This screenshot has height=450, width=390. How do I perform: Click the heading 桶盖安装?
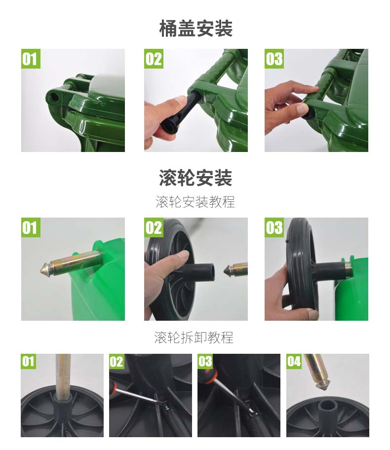[195, 29]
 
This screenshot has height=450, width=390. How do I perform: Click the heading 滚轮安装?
[195, 178]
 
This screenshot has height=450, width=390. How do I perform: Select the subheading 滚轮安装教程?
[195, 202]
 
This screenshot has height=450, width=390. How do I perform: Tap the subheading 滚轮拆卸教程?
[194, 337]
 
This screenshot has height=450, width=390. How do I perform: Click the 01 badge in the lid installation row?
[31, 59]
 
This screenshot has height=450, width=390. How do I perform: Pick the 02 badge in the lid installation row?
[154, 59]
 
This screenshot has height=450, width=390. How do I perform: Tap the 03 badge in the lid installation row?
[274, 59]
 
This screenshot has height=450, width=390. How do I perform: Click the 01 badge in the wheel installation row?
[31, 227]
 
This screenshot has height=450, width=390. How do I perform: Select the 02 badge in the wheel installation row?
[154, 227]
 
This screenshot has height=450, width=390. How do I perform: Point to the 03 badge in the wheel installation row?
[274, 227]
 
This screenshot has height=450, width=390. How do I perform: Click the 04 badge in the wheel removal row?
[294, 361]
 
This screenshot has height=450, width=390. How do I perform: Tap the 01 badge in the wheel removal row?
[28, 361]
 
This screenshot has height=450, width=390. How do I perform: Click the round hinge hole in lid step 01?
[54, 98]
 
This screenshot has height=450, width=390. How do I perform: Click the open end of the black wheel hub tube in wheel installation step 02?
[212, 271]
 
